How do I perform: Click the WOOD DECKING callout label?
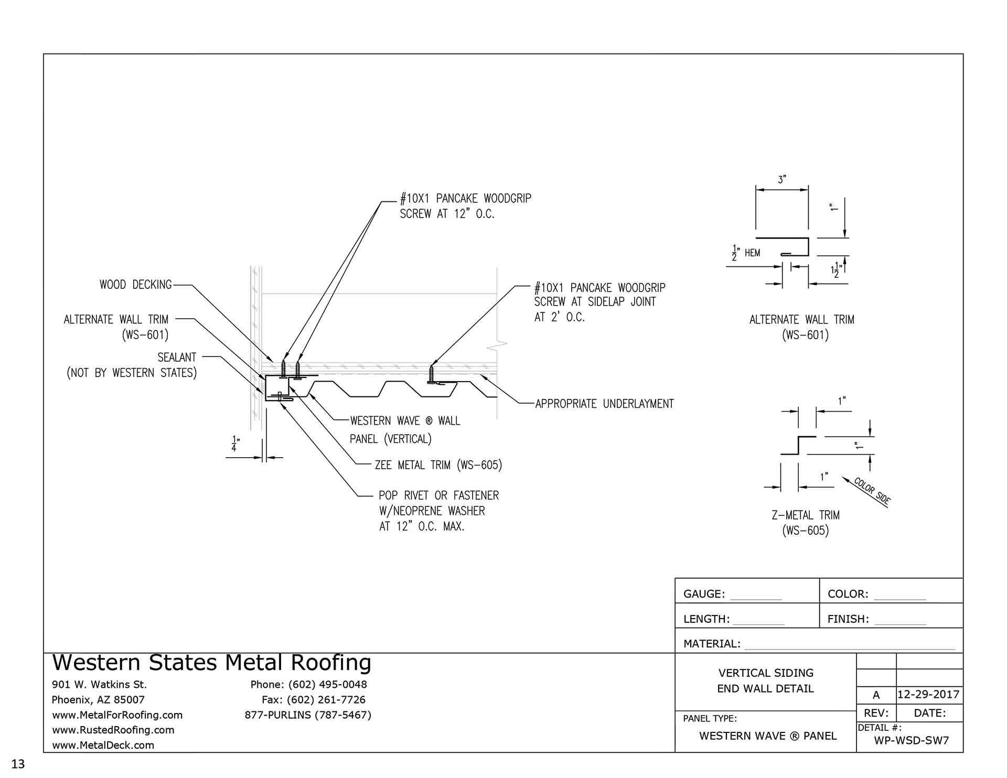135,285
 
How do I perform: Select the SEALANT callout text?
177,358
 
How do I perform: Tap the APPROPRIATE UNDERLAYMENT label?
604,404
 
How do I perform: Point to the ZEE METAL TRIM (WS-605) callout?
438,465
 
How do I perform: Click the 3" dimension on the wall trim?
781,180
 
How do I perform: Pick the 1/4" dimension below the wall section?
234,444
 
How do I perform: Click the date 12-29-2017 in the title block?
928,695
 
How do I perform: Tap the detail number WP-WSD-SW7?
911,741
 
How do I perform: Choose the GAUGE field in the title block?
704,594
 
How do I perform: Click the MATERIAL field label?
712,644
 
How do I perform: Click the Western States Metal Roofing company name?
211,663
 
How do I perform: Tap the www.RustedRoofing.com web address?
113,730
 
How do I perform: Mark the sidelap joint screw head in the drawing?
432,367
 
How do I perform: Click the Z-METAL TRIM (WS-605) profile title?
805,523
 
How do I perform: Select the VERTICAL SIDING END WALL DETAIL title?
765,680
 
